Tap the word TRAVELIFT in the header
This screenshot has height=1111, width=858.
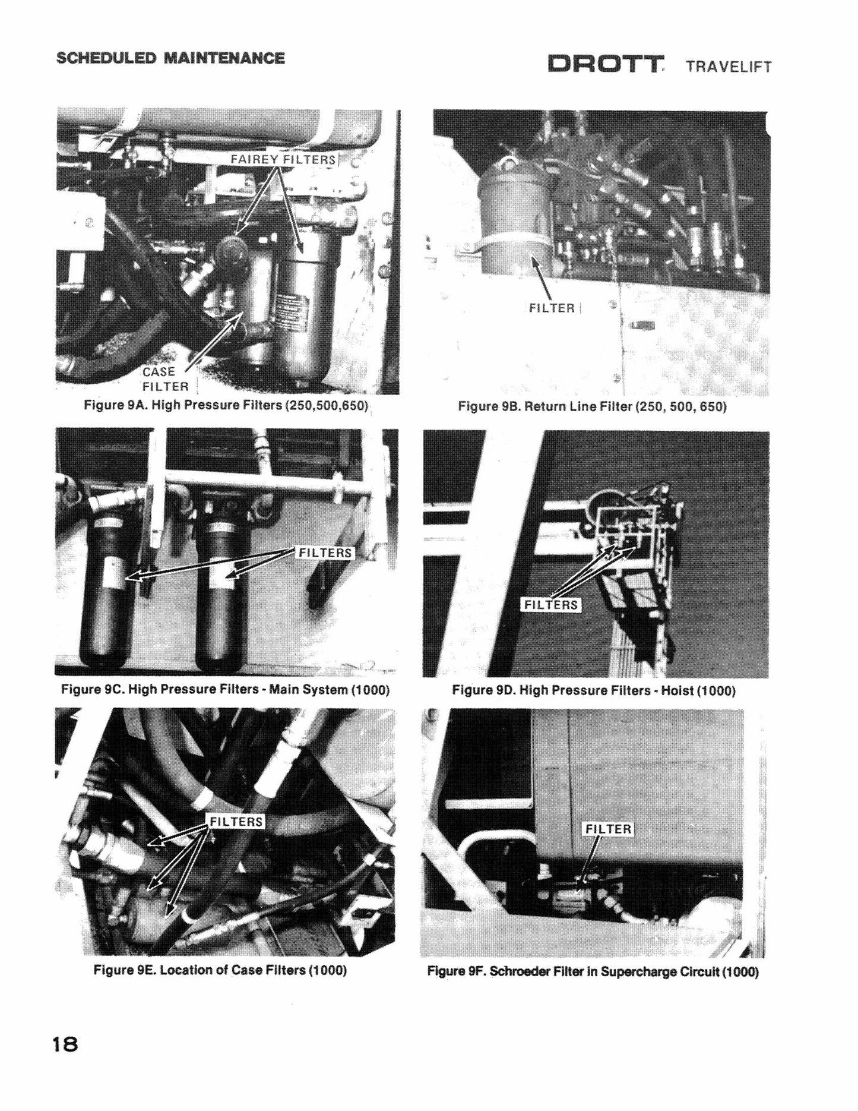pyautogui.click(x=729, y=66)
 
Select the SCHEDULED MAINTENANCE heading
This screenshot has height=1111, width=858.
pyautogui.click(x=170, y=58)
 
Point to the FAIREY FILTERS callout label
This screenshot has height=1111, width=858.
pyautogui.click(x=283, y=159)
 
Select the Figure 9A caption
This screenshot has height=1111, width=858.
pyautogui.click(x=226, y=406)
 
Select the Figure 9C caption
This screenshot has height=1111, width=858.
pyautogui.click(x=226, y=690)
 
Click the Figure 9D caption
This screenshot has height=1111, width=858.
pyautogui.click(x=594, y=690)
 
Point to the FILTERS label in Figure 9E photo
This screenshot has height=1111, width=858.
pyautogui.click(x=236, y=821)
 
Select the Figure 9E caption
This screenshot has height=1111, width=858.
pyautogui.click(x=220, y=970)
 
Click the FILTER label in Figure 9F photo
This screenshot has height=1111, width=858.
pyautogui.click(x=609, y=829)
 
